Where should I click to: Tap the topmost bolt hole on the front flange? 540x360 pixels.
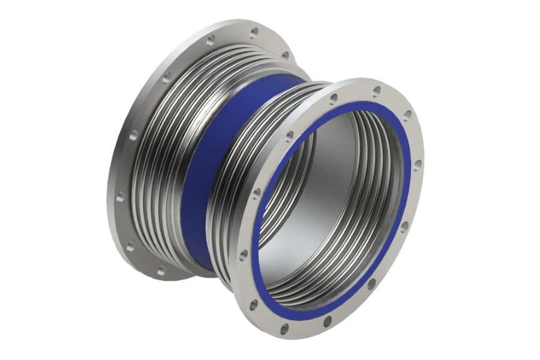click(376, 91)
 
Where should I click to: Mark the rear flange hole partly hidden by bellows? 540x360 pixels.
click(284, 55)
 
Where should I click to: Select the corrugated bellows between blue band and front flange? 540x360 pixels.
click(240, 150)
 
